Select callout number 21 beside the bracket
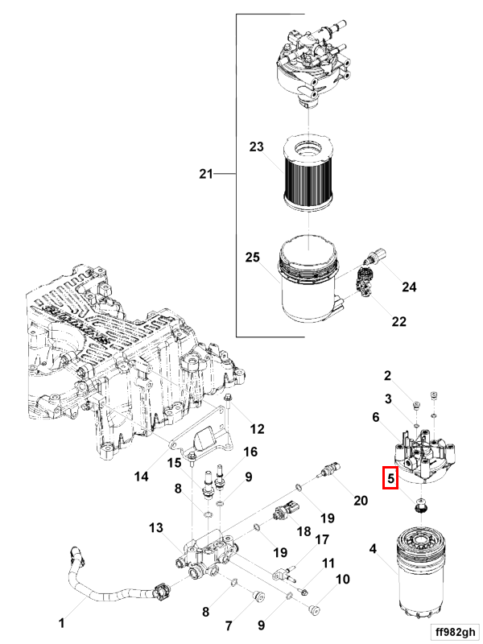(208, 174)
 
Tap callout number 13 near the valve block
(155, 527)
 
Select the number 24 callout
(410, 287)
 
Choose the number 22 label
(398, 322)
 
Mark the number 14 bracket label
(141, 477)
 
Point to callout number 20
(360, 500)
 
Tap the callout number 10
(342, 579)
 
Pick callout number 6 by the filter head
(375, 417)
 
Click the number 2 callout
(387, 375)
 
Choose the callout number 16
(250, 452)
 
